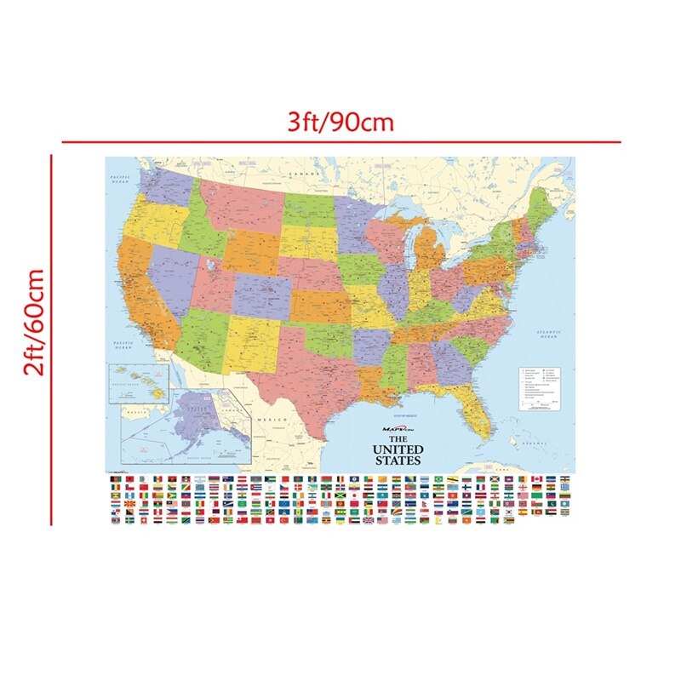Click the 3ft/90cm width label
click(x=340, y=122)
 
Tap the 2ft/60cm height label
click(x=35, y=323)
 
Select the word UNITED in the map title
click(x=398, y=449)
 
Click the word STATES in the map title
click(x=398, y=461)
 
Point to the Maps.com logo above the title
click(x=397, y=429)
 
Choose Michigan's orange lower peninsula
click(x=433, y=250)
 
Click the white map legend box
click(x=542, y=387)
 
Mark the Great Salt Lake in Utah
click(x=208, y=263)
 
